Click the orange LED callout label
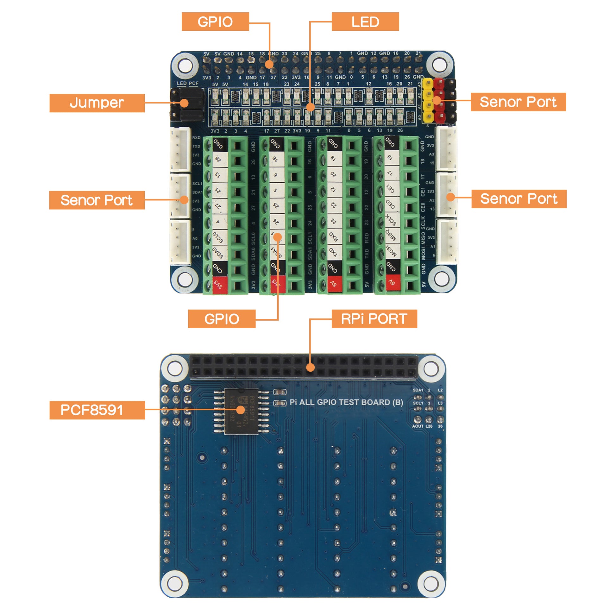(365, 22)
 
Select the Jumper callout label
(97, 103)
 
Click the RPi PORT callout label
(374, 318)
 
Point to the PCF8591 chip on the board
(241, 411)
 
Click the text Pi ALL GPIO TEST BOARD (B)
(346, 402)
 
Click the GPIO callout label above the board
(215, 22)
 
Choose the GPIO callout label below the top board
(222, 318)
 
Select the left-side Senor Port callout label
(97, 200)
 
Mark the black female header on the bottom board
(304, 367)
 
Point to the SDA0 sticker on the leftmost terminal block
(219, 253)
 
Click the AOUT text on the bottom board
(418, 426)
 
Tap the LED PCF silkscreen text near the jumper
(187, 84)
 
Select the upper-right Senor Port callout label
(518, 102)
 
